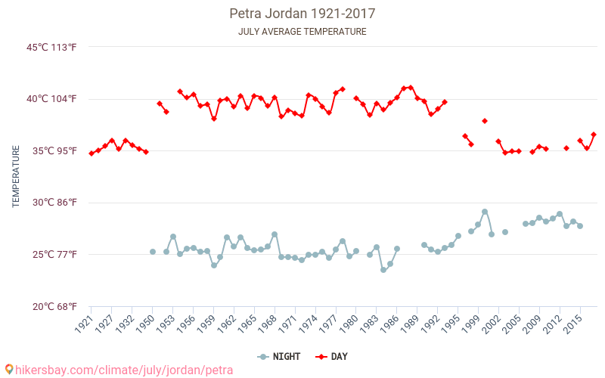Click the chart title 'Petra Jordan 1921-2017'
(302, 14)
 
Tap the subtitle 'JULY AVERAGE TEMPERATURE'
(302, 32)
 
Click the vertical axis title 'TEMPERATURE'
(16, 177)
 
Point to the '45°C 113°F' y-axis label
(51, 48)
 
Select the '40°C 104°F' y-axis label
(51, 99)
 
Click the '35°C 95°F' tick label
(54, 151)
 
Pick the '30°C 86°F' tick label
(54, 203)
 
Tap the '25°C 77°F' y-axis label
(54, 255)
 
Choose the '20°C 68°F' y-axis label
(54, 306)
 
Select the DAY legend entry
(331, 357)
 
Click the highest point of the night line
(485, 212)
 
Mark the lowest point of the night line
(383, 270)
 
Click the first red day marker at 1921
(92, 153)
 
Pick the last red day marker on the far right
(594, 135)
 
